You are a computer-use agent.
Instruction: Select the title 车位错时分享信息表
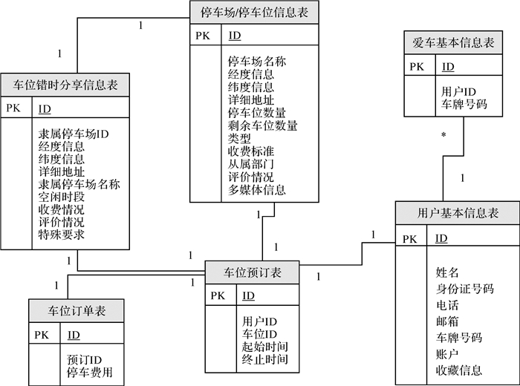tap(66, 84)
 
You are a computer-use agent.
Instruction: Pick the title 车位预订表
tap(253, 272)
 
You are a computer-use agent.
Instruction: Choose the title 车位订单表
tap(77, 310)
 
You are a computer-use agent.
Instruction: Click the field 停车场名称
tap(256, 62)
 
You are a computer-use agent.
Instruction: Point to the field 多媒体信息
tap(256, 190)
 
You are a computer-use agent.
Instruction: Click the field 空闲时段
tap(61, 197)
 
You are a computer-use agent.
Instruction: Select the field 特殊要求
tap(61, 235)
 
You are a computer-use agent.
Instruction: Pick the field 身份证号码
tap(465, 289)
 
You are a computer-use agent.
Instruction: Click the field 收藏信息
tap(459, 370)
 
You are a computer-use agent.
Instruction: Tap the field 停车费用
tap(90, 372)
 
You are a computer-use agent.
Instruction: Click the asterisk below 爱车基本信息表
tap(443, 136)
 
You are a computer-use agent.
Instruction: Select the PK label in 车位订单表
tap(41, 335)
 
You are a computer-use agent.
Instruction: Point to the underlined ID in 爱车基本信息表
tap(448, 68)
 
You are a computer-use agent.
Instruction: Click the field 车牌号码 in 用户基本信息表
tap(459, 338)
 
